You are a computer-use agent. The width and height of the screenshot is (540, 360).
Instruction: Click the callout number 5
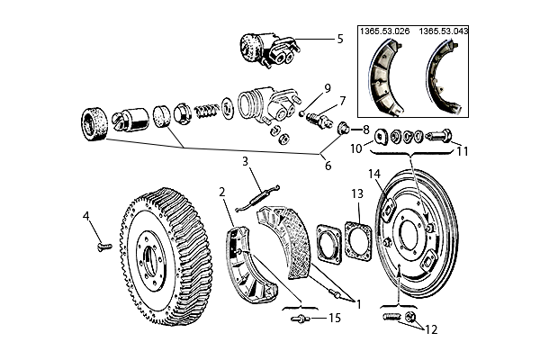coord(340,39)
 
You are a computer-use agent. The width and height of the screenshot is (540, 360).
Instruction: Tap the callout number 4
coord(86,215)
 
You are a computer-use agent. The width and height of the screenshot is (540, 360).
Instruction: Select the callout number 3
coord(244,161)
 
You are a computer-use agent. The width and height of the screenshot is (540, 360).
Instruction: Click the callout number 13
coord(356,193)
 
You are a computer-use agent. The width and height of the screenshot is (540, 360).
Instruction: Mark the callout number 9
coord(328,88)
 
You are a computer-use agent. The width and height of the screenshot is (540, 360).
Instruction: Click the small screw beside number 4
coord(101,242)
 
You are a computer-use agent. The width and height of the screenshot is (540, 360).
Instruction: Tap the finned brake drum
coord(162,257)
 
